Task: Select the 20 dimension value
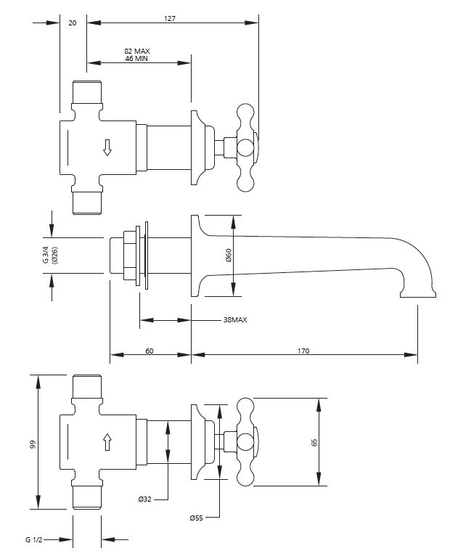click(x=73, y=23)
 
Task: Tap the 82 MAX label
click(x=136, y=51)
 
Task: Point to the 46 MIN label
click(x=136, y=59)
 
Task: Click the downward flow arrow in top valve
click(x=107, y=147)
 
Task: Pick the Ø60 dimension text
click(x=228, y=256)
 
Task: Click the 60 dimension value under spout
click(x=150, y=351)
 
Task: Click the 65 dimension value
click(x=314, y=442)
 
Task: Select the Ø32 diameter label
click(x=144, y=499)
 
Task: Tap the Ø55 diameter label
click(x=196, y=518)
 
